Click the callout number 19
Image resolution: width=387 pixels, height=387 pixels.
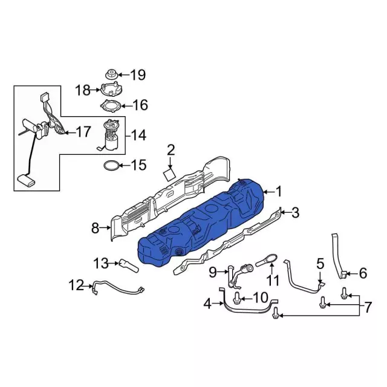[x=138, y=74]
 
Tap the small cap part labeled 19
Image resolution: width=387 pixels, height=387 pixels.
[x=111, y=74]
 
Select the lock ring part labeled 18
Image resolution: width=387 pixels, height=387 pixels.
[x=111, y=89]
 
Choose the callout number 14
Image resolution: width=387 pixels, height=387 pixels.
[x=138, y=135]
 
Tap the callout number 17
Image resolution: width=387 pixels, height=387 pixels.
[x=83, y=132]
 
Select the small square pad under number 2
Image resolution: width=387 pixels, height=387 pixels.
[x=169, y=175]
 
